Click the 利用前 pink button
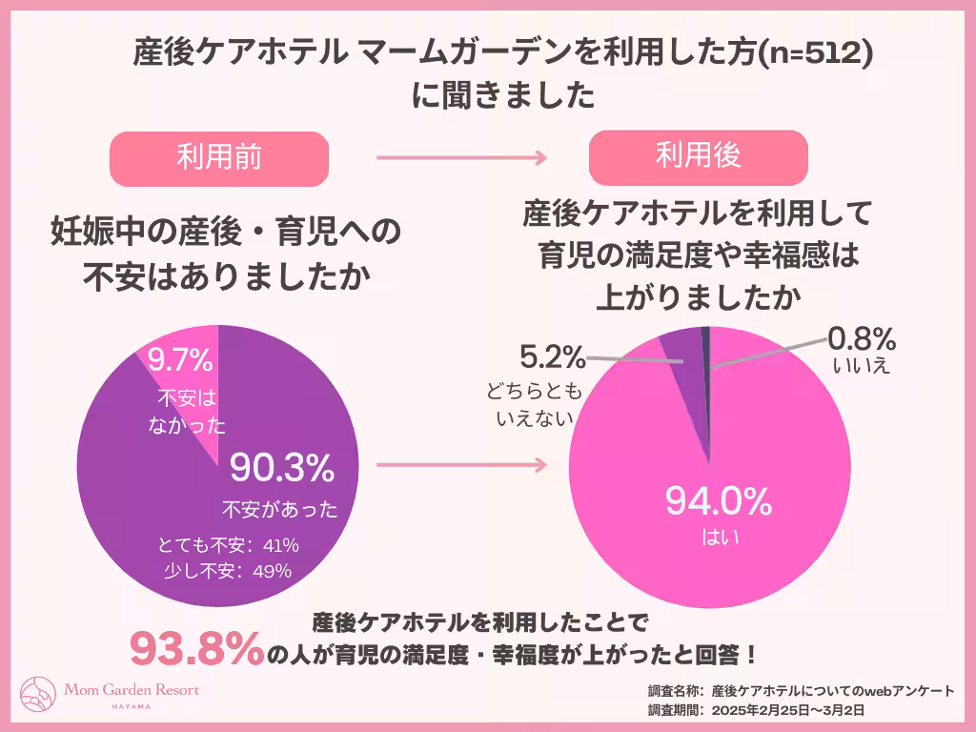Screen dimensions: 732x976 click(x=219, y=158)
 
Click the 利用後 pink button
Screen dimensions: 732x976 click(x=698, y=156)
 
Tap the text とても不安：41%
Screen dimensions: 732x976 click(x=230, y=546)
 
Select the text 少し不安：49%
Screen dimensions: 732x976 click(x=228, y=571)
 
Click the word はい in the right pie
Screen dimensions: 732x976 click(x=703, y=538)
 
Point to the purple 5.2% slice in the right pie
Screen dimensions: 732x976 click(x=689, y=381)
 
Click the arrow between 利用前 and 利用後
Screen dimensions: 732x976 click(x=461, y=158)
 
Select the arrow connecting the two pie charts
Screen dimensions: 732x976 click(x=461, y=466)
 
